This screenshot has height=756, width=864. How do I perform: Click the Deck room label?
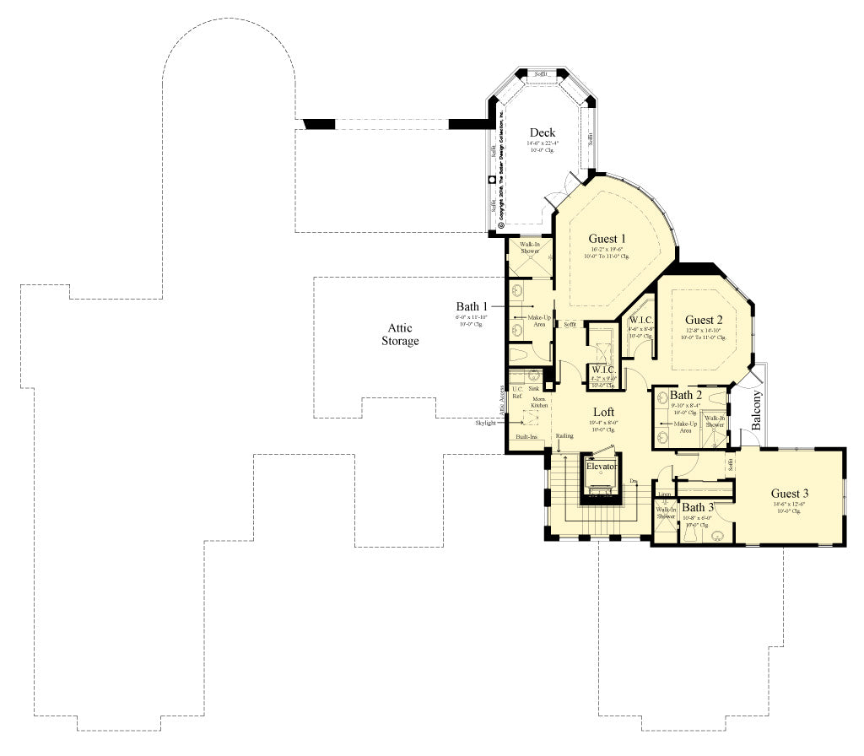pyautogui.click(x=542, y=132)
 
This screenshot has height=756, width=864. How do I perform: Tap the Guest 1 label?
pyautogui.click(x=607, y=238)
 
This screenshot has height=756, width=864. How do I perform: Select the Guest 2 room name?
pyautogui.click(x=704, y=320)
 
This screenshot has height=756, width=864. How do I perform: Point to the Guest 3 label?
pyautogui.click(x=790, y=493)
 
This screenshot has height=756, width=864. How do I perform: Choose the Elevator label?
pyautogui.click(x=602, y=466)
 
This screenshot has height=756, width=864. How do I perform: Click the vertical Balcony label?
pyautogui.click(x=757, y=411)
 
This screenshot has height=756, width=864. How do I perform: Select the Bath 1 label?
pyautogui.click(x=472, y=306)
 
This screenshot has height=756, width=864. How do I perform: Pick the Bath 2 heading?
pyautogui.click(x=686, y=395)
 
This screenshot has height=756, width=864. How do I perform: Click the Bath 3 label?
pyautogui.click(x=698, y=507)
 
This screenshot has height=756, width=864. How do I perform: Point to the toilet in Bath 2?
pyautogui.click(x=716, y=397)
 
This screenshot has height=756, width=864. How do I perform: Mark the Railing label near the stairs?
pyautogui.click(x=564, y=436)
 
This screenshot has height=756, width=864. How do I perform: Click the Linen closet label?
pyautogui.click(x=665, y=494)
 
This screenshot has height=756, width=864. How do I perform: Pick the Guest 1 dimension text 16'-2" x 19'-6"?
pyautogui.click(x=607, y=250)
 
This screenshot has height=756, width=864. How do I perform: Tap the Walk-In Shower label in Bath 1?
pyautogui.click(x=530, y=247)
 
